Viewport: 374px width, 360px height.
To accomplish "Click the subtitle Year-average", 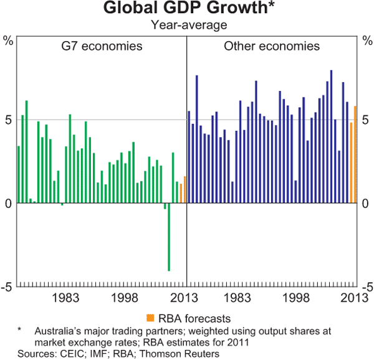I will coord(186,26).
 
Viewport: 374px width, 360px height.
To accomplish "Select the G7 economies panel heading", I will coord(101,47).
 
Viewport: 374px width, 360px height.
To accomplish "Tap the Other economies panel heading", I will coord(271,47).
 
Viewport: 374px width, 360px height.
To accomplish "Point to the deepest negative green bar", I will coord(168,237).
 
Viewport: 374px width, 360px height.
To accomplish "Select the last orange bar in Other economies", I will coord(355,154).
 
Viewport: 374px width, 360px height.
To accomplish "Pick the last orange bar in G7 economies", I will coord(185,189).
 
